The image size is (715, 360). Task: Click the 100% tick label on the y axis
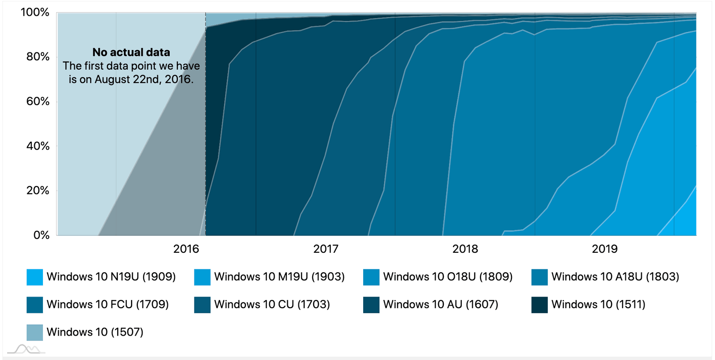tap(34, 12)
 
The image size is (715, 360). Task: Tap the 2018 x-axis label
tap(465, 248)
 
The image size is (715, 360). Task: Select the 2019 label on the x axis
tap(604, 248)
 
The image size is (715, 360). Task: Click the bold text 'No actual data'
tap(131, 52)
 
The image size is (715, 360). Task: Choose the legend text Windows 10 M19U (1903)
tap(279, 277)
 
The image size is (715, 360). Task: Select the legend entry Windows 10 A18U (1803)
tap(615, 277)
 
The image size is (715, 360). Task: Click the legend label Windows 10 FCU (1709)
tap(107, 304)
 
